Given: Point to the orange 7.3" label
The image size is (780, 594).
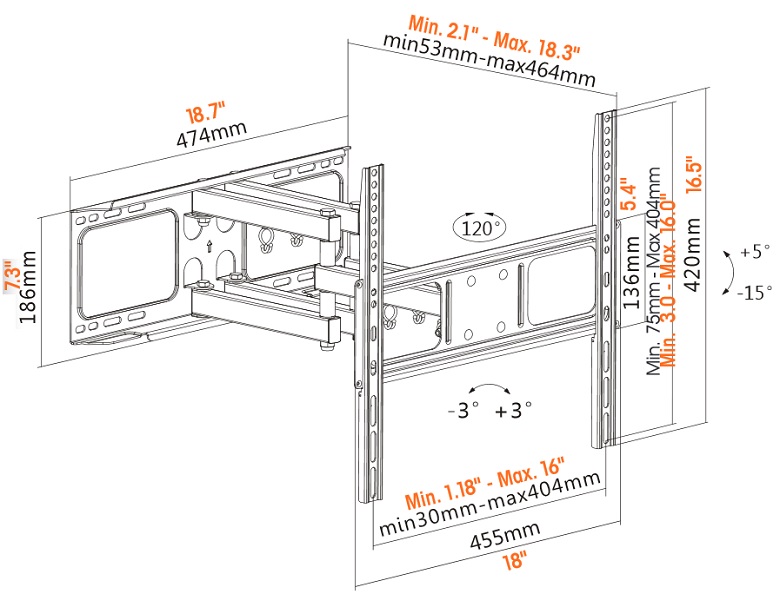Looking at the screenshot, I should [x=11, y=276].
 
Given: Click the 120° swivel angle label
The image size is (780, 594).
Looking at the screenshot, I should [x=477, y=227].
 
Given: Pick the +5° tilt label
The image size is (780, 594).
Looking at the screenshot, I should [x=756, y=250].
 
